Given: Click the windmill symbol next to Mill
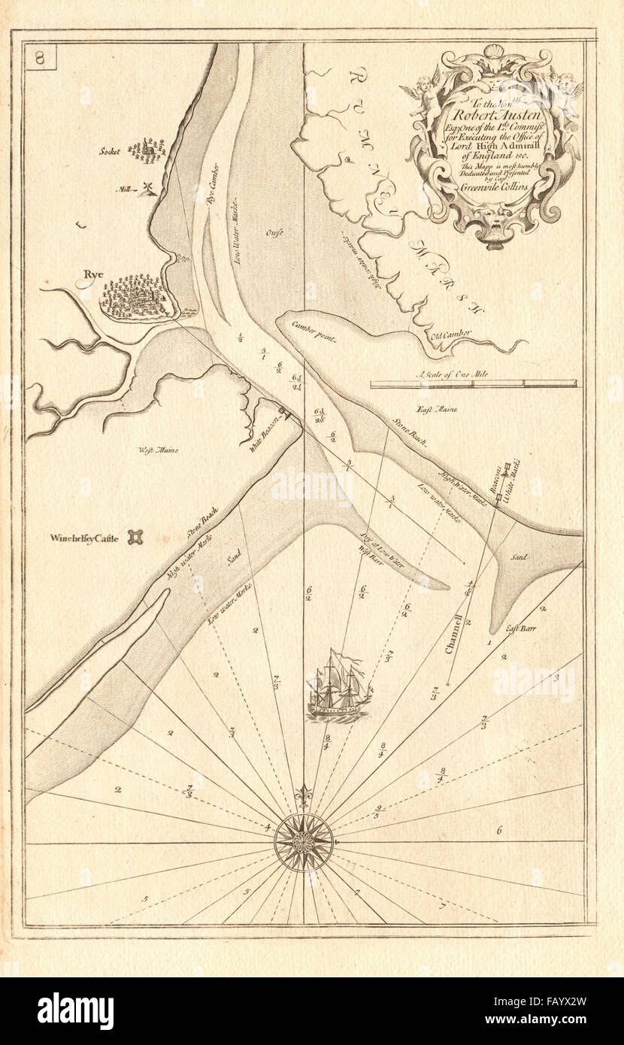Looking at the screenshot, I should tap(148, 188).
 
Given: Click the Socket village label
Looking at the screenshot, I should tap(111, 150).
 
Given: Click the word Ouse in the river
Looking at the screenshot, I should tap(274, 233).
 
